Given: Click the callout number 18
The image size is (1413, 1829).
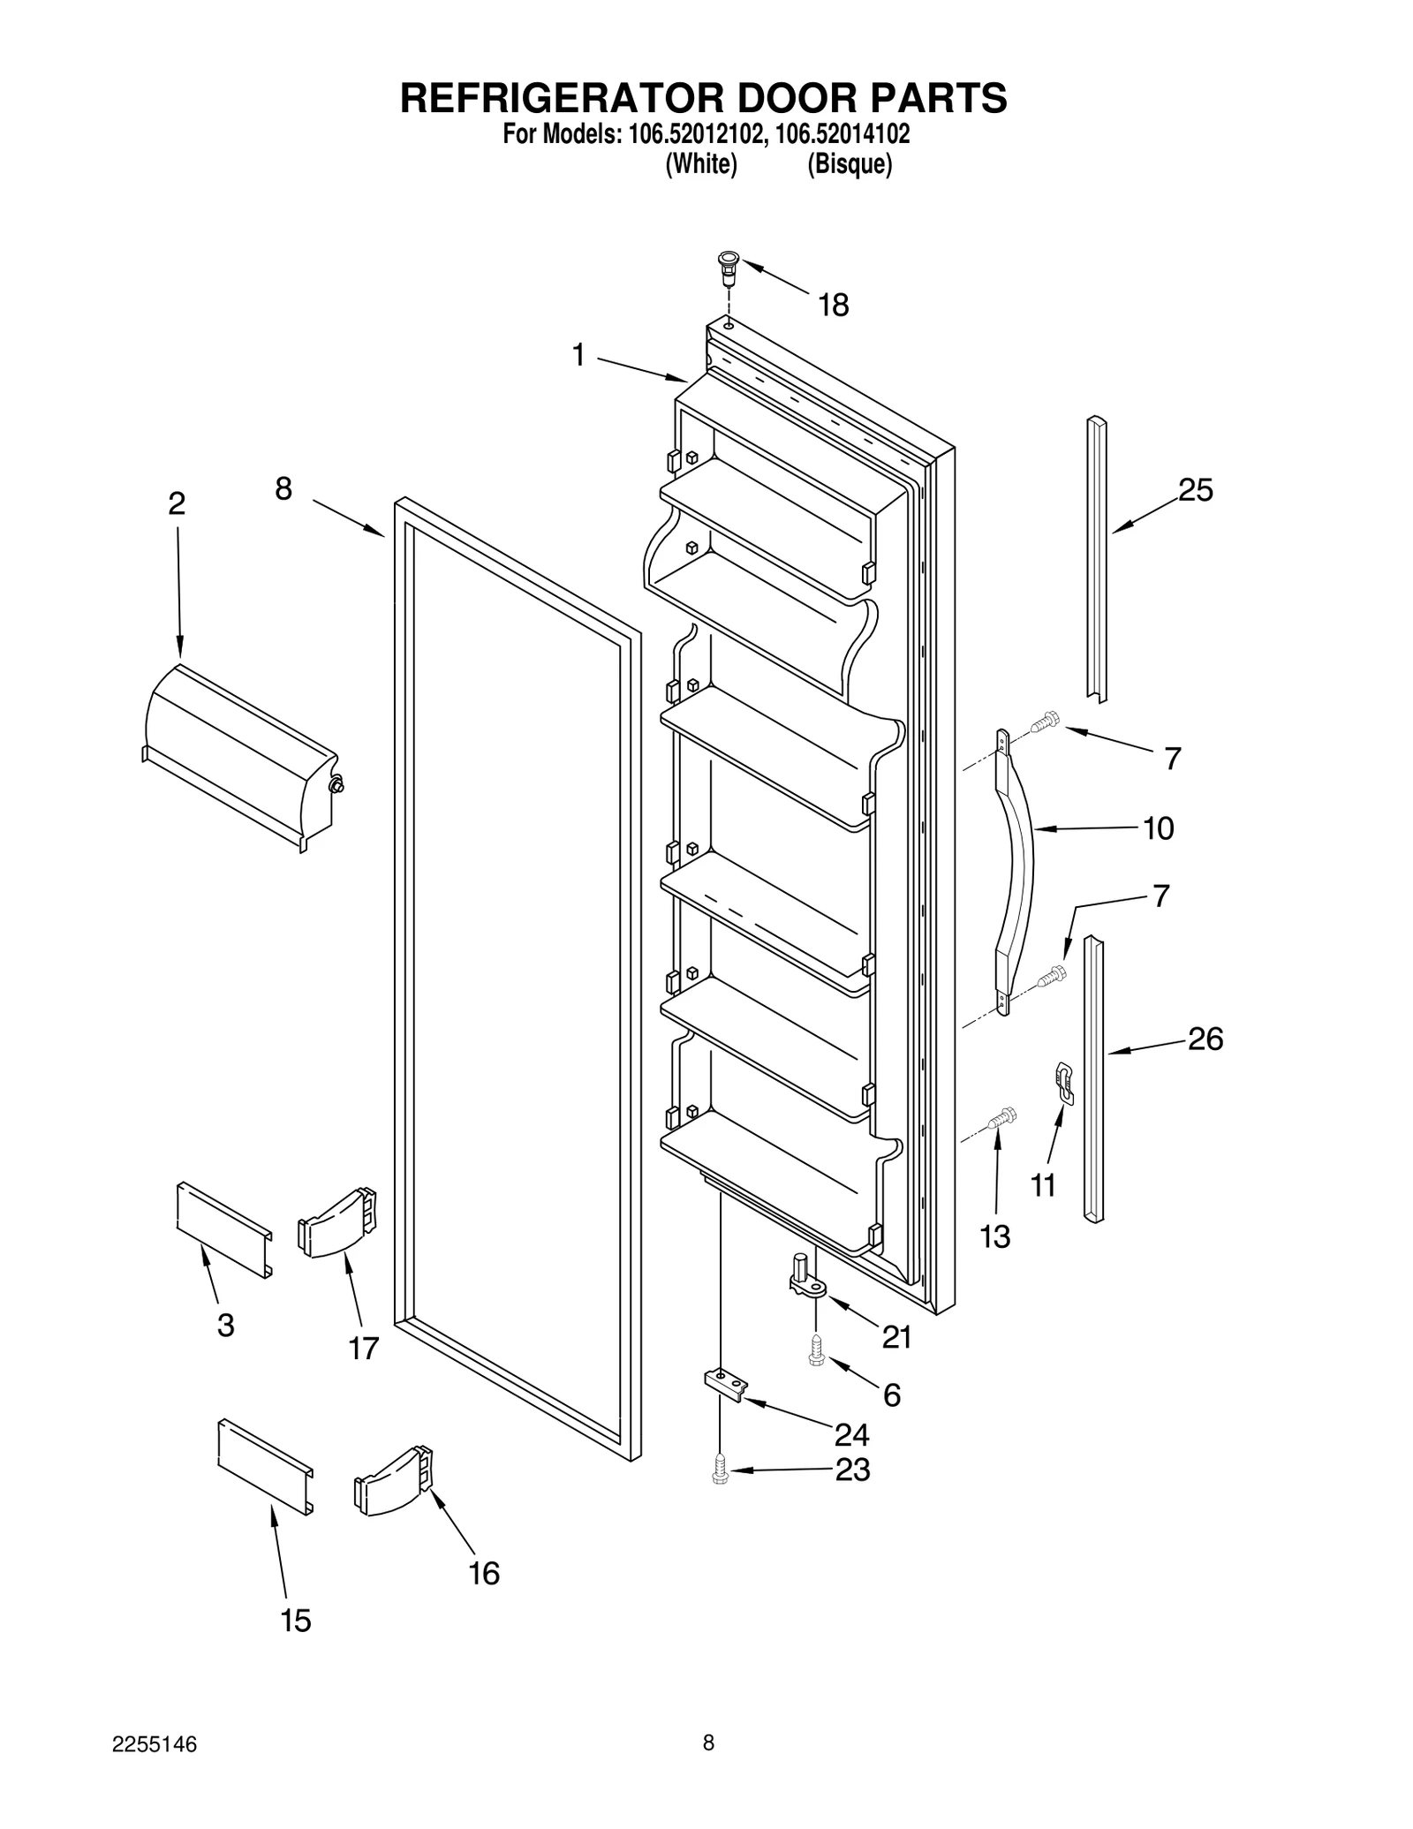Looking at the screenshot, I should [833, 306].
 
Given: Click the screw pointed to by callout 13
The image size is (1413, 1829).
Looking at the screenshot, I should [1002, 1117].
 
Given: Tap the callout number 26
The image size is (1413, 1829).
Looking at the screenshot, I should [1205, 1039].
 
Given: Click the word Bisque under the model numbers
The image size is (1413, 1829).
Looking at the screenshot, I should [849, 164].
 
